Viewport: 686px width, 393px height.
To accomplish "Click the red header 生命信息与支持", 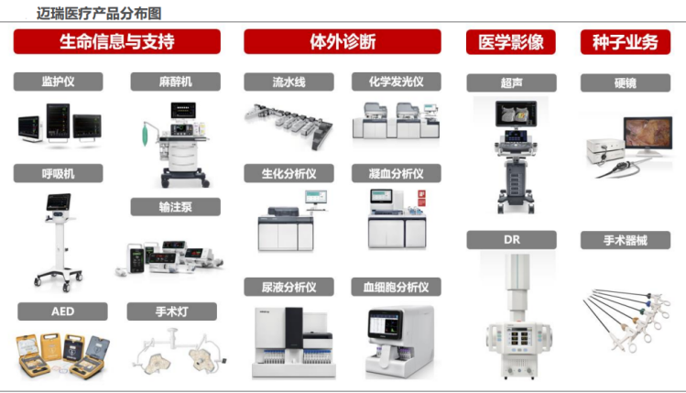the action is click(116, 41).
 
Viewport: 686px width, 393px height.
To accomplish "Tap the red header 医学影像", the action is click(510, 41).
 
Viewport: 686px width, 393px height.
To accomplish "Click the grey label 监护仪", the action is click(58, 82).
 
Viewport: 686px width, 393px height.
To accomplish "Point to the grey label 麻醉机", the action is click(175, 82).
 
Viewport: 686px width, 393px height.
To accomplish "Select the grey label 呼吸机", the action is click(58, 173).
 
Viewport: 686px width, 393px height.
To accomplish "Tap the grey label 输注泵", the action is click(175, 207).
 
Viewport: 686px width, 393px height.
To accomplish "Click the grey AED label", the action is click(61, 311).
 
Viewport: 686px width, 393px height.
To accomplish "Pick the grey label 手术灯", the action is click(171, 311).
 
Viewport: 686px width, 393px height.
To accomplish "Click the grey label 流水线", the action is click(289, 82).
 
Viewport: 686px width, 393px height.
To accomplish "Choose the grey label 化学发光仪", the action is click(397, 82).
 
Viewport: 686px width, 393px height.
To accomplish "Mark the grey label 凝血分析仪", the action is click(397, 173).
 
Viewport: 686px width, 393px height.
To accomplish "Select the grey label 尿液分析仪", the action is click(289, 288).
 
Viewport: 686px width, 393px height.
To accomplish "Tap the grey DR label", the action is click(510, 240).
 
